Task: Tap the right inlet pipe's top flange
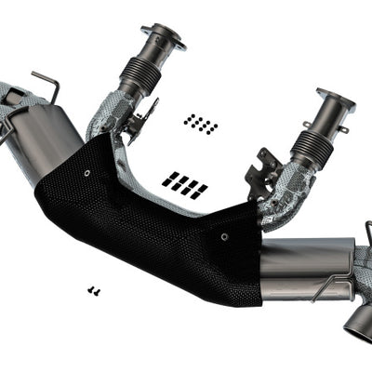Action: click(335, 97)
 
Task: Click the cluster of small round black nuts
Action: click(200, 123)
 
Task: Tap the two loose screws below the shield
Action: click(94, 291)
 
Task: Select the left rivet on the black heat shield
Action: click(86, 172)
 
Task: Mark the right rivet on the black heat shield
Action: click(223, 237)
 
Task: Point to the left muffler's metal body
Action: click(46, 139)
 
